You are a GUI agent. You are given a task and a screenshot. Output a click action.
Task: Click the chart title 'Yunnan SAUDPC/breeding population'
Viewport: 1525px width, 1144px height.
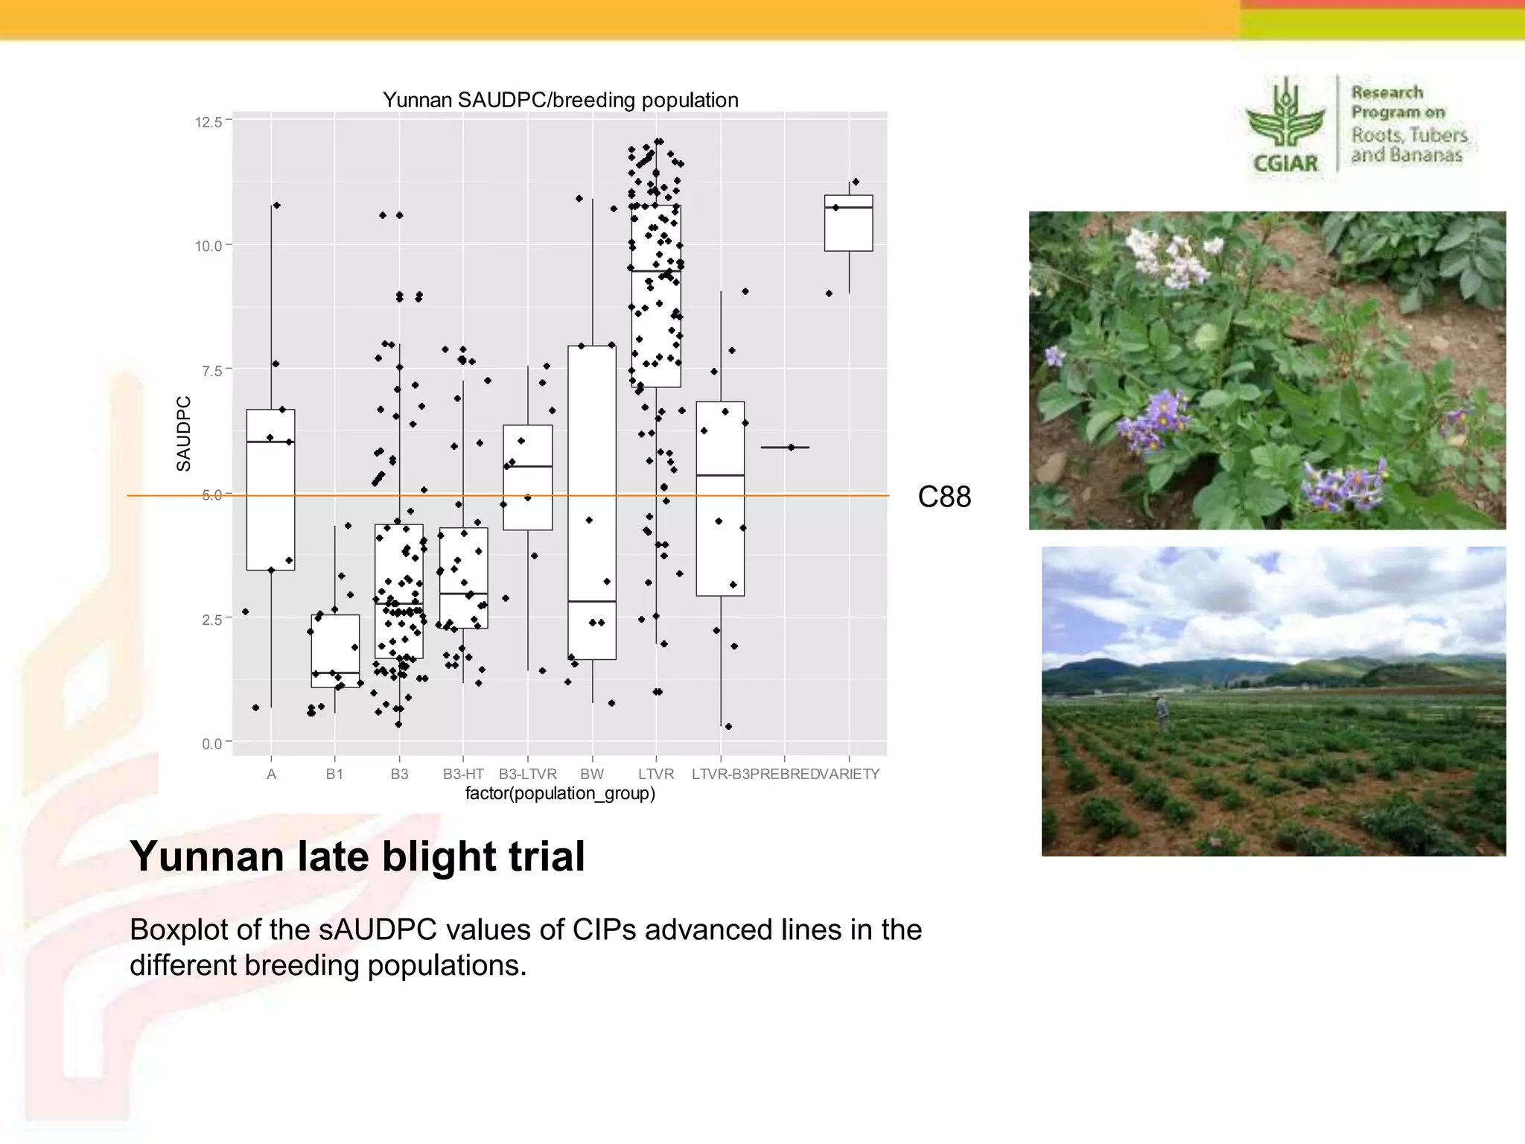[x=560, y=100]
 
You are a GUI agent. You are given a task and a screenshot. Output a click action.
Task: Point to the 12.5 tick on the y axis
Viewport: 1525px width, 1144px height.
[x=208, y=122]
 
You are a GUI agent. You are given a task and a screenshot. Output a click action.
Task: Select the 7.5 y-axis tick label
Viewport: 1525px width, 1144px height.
[x=211, y=371]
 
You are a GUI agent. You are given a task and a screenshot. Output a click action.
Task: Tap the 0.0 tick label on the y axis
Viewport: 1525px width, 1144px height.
[x=211, y=743]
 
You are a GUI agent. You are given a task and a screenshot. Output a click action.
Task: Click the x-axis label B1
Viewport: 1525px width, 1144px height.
[x=334, y=774]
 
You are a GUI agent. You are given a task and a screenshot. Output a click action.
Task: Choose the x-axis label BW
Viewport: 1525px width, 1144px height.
[x=592, y=774]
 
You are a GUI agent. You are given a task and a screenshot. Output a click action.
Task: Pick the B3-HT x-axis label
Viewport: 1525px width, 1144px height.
[x=463, y=774]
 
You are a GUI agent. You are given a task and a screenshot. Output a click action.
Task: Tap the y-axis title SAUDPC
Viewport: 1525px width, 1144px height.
[x=183, y=433]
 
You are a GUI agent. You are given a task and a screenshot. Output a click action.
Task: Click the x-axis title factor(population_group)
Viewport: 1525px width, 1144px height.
[x=560, y=793]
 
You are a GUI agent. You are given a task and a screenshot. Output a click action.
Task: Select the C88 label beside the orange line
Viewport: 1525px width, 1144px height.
[x=944, y=497]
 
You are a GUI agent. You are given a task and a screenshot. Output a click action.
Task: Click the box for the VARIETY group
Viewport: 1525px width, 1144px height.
[x=848, y=223]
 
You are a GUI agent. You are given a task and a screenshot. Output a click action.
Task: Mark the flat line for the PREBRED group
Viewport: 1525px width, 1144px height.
[x=785, y=448]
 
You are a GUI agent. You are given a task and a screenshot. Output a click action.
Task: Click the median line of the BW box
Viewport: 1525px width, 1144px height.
[x=592, y=601]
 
